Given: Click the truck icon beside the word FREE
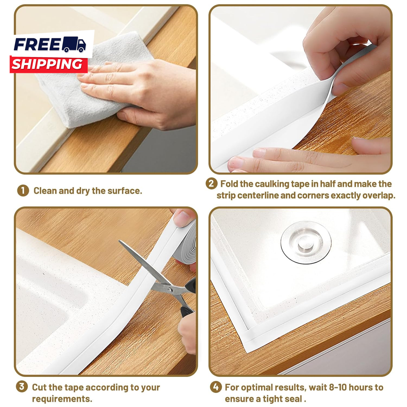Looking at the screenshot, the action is point(74,44).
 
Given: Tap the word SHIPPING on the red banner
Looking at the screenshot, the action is point(47,64).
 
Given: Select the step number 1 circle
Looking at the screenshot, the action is point(23,190).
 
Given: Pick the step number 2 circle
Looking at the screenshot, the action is point(211,184).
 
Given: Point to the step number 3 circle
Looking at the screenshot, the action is point(22,386).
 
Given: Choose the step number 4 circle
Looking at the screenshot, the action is point(216,387).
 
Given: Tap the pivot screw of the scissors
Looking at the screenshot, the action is point(170,290).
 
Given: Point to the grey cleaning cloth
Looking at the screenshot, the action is point(90,81).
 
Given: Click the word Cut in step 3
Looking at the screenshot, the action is point(39,387).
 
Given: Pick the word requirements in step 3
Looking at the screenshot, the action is point(62,399).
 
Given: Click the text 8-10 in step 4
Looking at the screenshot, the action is point(338,387).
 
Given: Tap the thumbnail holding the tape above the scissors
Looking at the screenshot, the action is point(181,217).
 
